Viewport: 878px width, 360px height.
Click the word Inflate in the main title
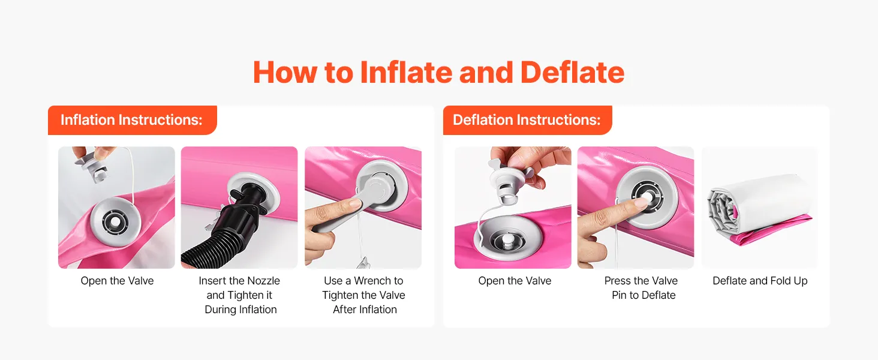tap(406, 72)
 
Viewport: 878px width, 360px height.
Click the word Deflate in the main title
tap(572, 72)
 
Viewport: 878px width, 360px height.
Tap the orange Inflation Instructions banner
tap(132, 120)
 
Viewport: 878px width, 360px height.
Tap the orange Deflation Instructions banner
tap(527, 120)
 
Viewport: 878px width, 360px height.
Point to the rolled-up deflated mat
tap(759, 210)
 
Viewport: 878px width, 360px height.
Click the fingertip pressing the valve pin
tap(640, 203)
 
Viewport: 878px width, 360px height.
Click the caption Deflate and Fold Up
tap(760, 281)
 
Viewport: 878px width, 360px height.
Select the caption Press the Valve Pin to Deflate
tap(642, 288)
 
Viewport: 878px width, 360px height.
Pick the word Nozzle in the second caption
tap(261, 281)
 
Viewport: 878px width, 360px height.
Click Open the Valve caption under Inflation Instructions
tap(117, 281)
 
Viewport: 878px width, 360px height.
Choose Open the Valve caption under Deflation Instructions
tap(515, 281)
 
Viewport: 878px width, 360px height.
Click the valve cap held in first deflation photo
tap(510, 182)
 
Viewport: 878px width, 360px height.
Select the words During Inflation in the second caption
tap(240, 310)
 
